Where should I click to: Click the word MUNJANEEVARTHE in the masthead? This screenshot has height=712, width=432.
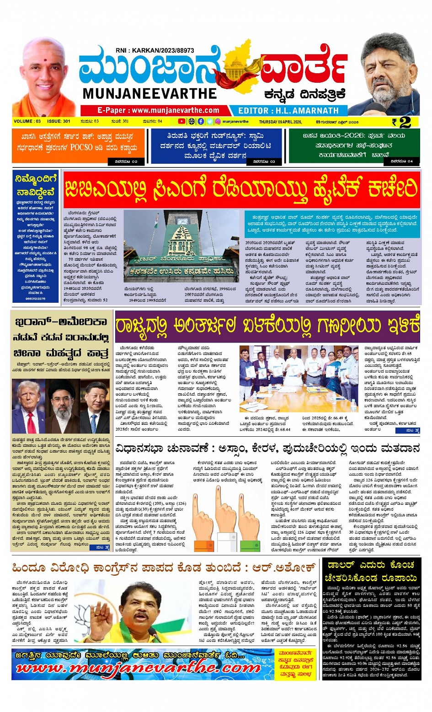point(149,93)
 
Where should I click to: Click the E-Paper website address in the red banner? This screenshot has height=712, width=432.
point(158,110)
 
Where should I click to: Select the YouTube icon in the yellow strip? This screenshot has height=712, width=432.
point(181,122)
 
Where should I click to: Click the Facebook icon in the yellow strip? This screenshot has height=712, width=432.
point(201,122)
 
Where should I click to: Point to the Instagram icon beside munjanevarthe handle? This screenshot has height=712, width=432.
point(218,122)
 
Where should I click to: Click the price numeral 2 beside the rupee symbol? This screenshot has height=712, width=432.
point(405,122)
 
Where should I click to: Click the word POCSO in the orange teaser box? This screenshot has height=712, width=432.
point(81,148)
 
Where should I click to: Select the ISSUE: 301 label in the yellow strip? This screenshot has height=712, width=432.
point(59,122)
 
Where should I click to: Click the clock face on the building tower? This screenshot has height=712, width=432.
point(182,220)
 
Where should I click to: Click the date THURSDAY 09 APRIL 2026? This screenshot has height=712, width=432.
point(280,122)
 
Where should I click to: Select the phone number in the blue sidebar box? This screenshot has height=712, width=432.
point(36,298)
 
